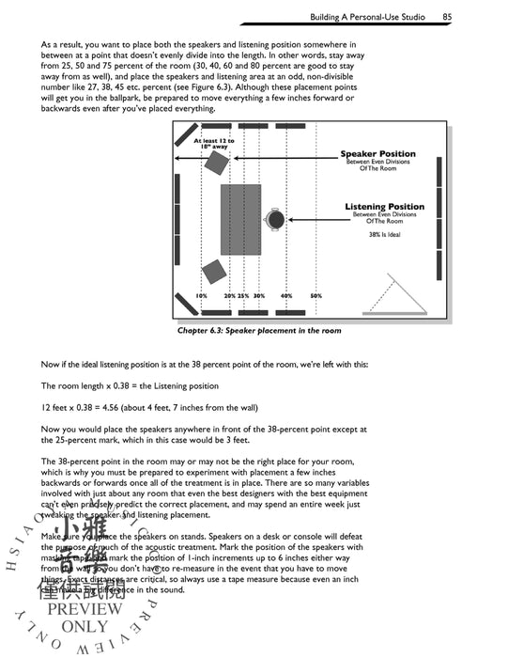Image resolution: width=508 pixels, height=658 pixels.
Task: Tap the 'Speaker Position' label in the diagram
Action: [x=377, y=153]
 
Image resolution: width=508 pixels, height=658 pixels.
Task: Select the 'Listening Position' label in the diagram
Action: [x=384, y=207]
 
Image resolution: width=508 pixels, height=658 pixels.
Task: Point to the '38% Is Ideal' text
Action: [x=384, y=235]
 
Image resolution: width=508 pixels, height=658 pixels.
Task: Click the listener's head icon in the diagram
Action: [x=275, y=220]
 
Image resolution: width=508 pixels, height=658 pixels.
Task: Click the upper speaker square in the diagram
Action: [x=217, y=164]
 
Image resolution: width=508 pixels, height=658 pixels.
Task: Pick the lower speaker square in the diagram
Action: [x=213, y=272]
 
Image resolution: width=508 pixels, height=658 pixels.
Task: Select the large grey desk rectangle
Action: [x=240, y=219]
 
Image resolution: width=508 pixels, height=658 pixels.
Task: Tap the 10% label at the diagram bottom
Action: [x=201, y=296]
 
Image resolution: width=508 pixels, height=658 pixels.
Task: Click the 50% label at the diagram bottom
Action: [x=316, y=296]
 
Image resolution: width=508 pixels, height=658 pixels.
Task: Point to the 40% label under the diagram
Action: [x=286, y=296]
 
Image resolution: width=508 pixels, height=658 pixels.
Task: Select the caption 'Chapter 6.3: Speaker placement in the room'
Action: [x=259, y=331]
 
